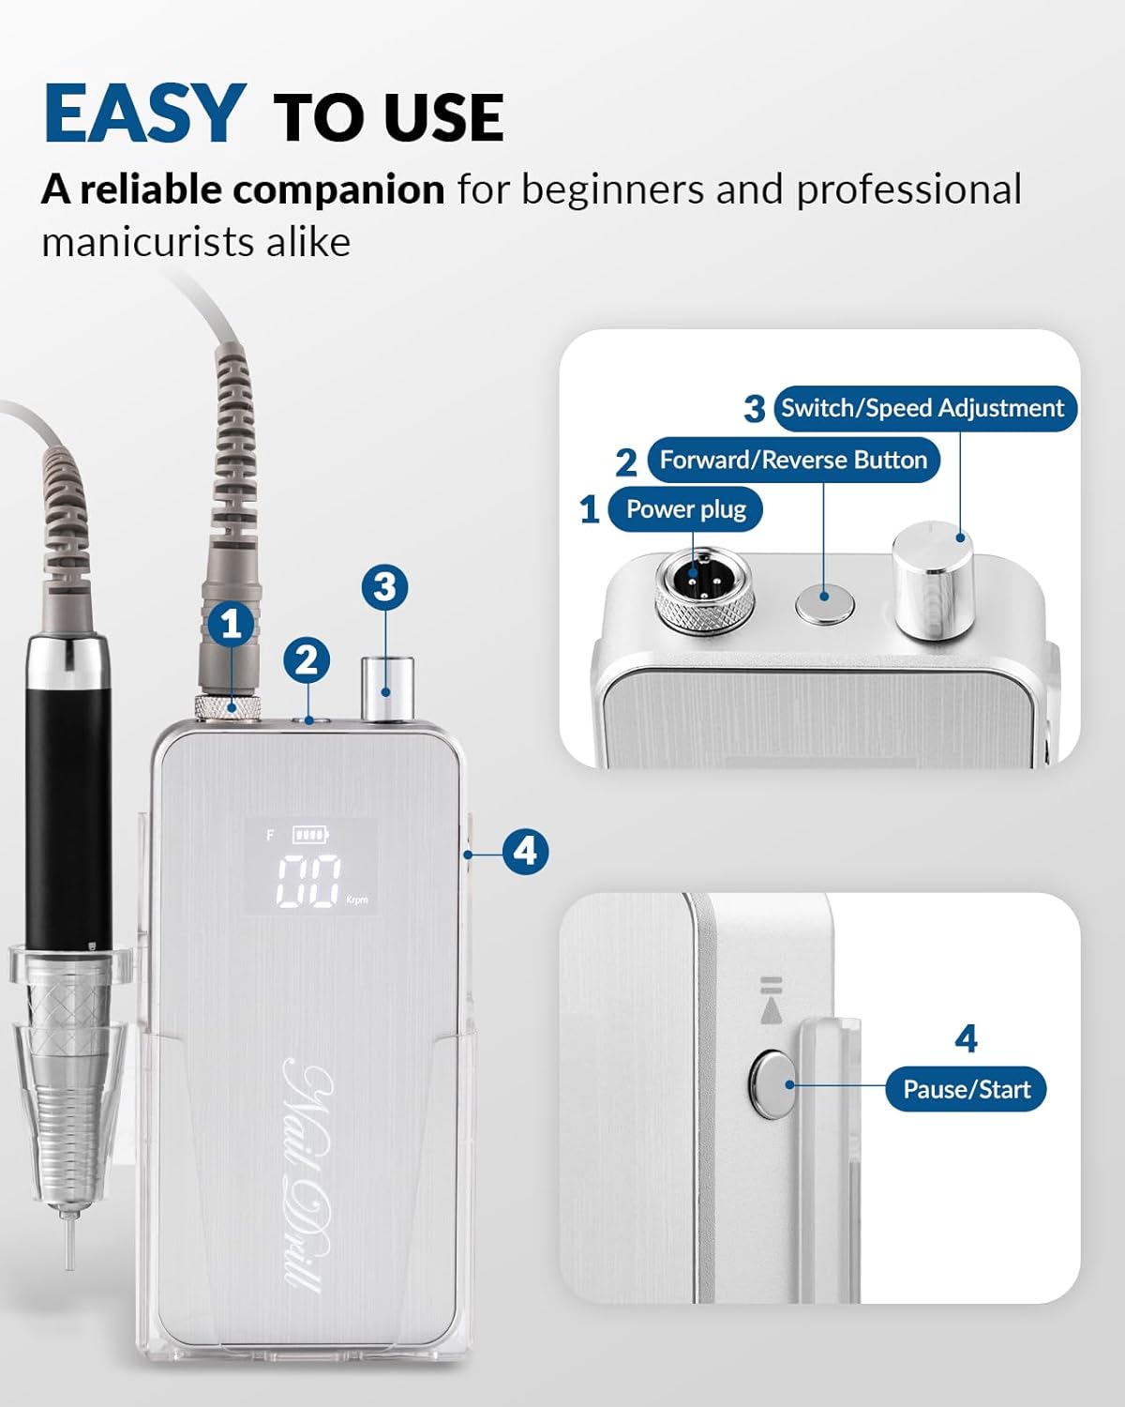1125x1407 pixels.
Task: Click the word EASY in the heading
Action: pos(144,113)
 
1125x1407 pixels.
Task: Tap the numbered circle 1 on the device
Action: pos(232,624)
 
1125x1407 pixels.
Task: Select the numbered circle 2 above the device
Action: pos(307,660)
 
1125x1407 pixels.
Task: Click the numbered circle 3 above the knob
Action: pos(385,587)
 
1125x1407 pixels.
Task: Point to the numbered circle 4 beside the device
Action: pos(525,852)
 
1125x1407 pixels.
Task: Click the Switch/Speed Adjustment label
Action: pos(923,408)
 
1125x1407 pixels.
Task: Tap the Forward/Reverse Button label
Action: pos(793,460)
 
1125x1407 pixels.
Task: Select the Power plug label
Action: pos(685,509)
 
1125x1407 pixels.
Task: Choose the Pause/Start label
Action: pos(966,1089)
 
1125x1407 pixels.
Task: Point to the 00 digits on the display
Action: pos(307,881)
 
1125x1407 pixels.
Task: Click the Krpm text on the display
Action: pos(357,900)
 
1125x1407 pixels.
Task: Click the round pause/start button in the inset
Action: pos(772,1085)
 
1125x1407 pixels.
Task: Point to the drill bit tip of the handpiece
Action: pos(67,1248)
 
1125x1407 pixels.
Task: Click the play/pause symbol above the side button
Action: pos(771,1000)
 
